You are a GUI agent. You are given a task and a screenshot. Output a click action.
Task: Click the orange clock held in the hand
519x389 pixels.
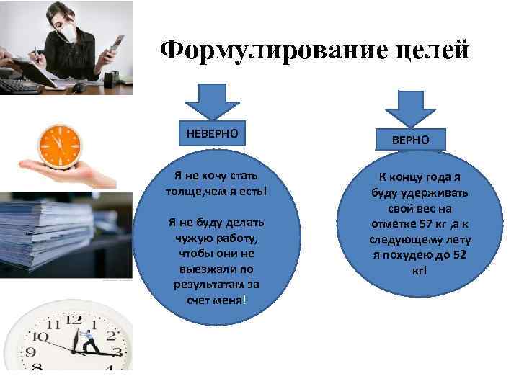(x=61, y=143)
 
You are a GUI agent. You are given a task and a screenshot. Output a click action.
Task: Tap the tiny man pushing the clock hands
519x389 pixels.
(x=87, y=339)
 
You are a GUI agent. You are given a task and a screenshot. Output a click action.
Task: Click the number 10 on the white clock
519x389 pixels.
(x=37, y=336)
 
